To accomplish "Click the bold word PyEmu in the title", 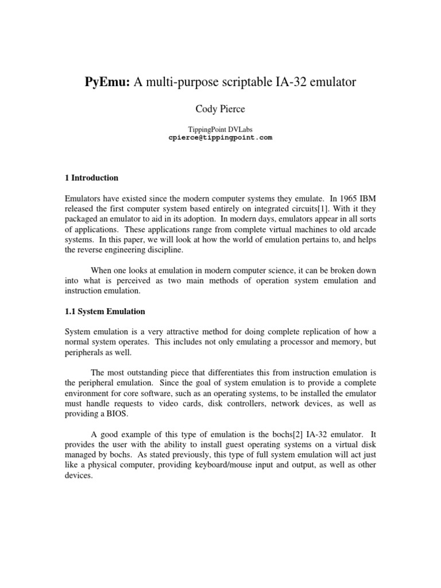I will point(108,83).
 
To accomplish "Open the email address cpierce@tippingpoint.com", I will point(220,138).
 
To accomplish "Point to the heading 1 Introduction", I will point(91,178).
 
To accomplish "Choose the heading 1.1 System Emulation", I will point(105,312).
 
